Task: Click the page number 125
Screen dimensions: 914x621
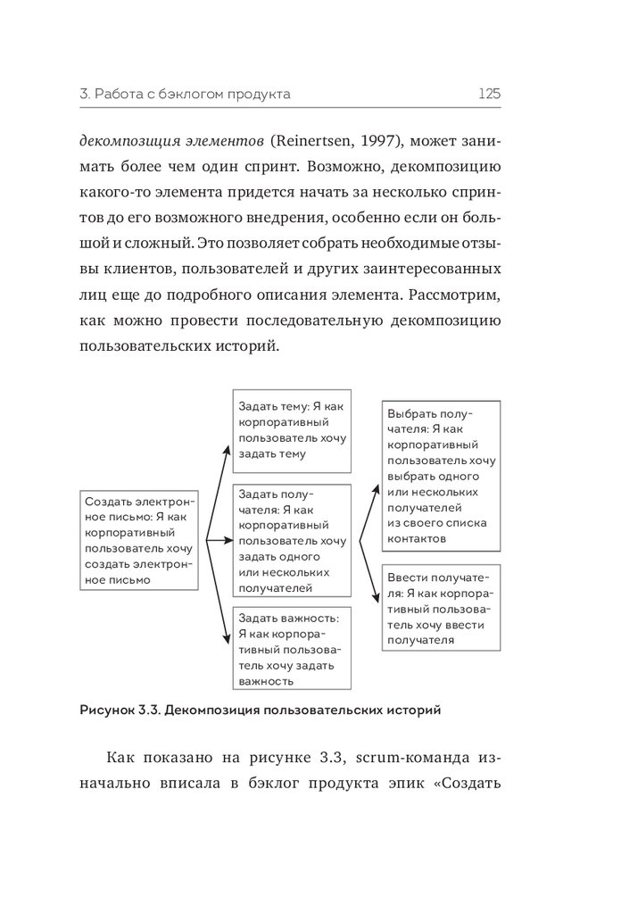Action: tap(489, 93)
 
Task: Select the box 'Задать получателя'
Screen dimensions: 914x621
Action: tap(291, 541)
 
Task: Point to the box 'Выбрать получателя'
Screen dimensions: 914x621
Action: tap(441, 477)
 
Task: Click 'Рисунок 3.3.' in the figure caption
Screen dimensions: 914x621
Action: tap(117, 711)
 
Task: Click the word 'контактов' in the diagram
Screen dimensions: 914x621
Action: tap(418, 539)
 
